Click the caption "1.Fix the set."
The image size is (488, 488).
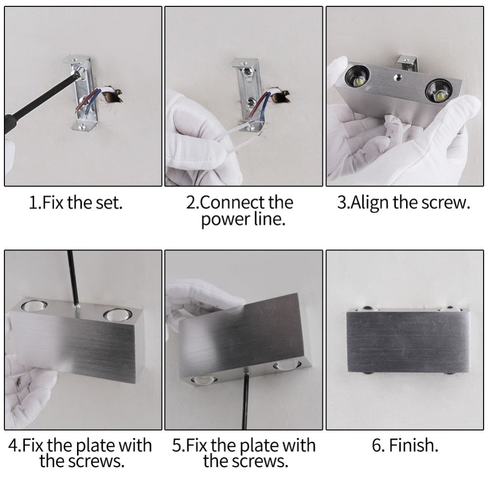[76, 203]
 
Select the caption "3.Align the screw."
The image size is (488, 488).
[404, 203]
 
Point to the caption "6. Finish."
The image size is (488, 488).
[405, 445]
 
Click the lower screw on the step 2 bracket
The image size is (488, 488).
[251, 102]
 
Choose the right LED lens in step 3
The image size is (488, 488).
[438, 92]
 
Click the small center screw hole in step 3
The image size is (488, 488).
[397, 77]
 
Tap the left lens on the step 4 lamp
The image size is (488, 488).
[34, 305]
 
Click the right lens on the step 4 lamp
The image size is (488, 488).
[117, 315]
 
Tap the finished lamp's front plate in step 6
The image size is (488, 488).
[407, 342]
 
